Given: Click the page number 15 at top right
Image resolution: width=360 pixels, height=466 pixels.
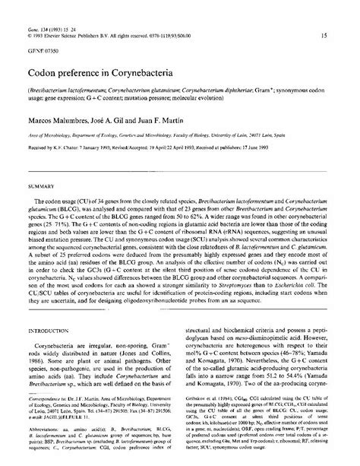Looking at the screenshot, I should pos(325,35).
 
